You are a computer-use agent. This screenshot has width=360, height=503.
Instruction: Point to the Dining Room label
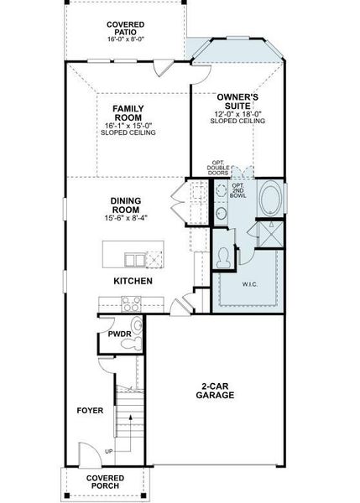pyautogui.click(x=125, y=205)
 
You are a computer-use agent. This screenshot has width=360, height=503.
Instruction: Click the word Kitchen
pyautogui.click(x=133, y=281)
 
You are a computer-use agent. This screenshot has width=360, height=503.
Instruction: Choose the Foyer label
pyautogui.click(x=90, y=411)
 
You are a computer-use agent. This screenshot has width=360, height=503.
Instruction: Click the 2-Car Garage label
pyautogui.click(x=217, y=390)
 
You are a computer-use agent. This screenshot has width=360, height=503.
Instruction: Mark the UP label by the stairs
pyautogui.click(x=109, y=451)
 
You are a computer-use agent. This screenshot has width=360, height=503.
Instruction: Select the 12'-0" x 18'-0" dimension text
pyautogui.click(x=237, y=114)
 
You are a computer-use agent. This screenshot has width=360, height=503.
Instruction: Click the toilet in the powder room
pyautogui.click(x=137, y=326)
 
